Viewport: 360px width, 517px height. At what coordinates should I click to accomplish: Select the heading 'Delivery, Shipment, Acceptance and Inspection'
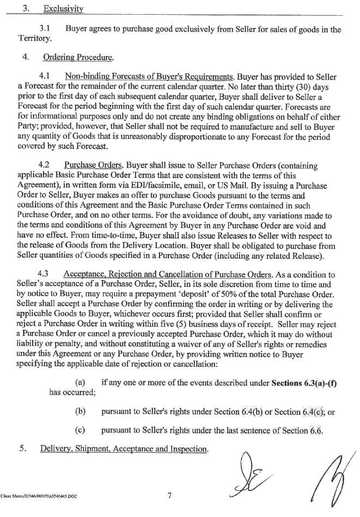[x=123, y=450]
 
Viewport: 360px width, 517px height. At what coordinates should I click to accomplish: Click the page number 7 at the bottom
[x=169, y=495]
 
